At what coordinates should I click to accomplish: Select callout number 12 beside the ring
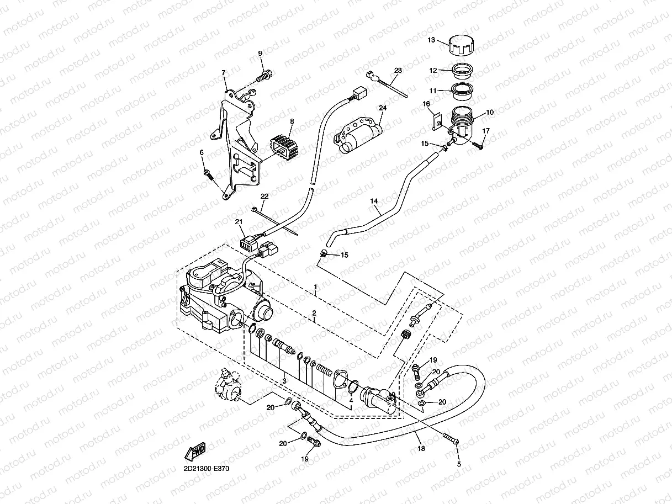[x=433, y=70]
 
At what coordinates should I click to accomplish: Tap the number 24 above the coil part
[x=383, y=108]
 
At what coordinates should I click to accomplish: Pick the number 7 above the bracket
[x=224, y=72]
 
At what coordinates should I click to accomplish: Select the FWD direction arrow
[x=195, y=452]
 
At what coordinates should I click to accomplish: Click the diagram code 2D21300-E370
[x=207, y=469]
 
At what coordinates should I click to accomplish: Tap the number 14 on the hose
[x=374, y=201]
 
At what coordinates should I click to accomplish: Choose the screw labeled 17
[x=477, y=145]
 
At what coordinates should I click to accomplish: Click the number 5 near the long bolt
[x=459, y=464]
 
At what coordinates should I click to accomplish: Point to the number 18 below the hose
[x=421, y=448]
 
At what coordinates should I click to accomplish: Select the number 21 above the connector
[x=239, y=222]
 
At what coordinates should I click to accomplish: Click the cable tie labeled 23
[x=387, y=84]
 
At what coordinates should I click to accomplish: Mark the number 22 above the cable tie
[x=264, y=196]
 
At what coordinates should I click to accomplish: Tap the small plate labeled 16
[x=437, y=122]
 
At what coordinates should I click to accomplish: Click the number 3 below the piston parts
[x=284, y=381]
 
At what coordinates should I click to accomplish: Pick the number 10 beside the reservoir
[x=490, y=112]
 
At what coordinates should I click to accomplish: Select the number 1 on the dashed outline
[x=315, y=287]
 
